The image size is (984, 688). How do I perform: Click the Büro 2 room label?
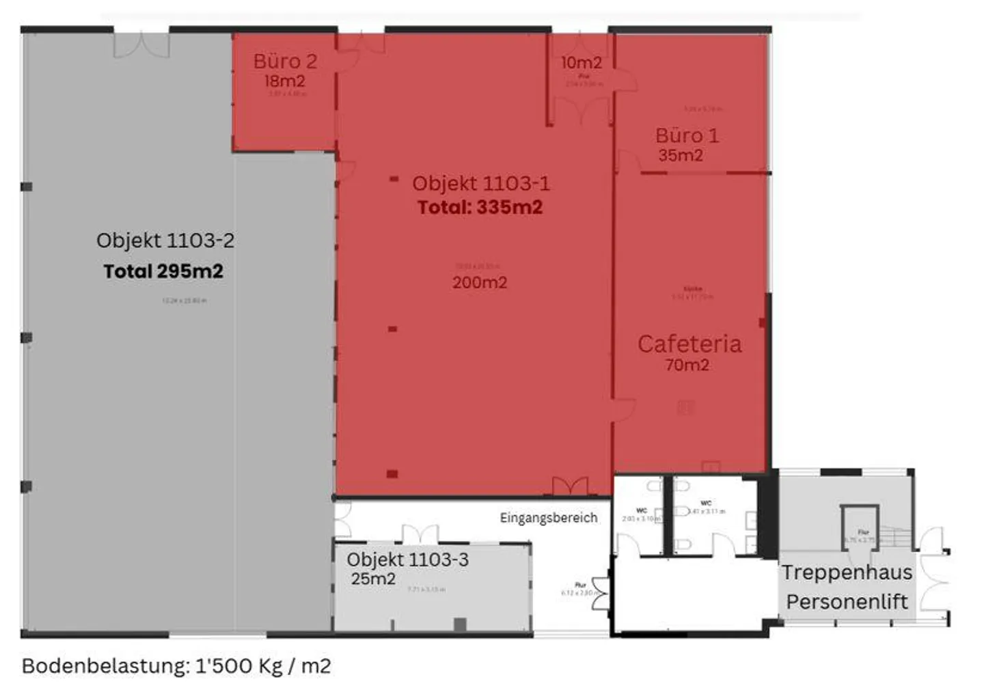285,61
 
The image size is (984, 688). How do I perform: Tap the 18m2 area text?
284,81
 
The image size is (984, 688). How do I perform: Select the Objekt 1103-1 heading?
480,183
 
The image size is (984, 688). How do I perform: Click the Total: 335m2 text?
480,207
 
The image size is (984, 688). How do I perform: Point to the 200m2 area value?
480,282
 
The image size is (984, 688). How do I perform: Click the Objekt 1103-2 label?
165,240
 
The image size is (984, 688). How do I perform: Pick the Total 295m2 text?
163,271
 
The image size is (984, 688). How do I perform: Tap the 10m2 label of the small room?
581,63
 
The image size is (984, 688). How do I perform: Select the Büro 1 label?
687,135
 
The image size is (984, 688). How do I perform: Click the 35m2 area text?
681,156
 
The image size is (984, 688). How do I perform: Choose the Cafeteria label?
689,344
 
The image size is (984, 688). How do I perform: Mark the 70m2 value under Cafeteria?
687,365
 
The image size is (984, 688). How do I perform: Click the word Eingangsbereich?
548,518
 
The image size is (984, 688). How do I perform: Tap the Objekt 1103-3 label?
407,560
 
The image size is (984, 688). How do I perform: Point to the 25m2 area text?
373,579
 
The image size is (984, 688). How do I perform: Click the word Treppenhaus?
847,573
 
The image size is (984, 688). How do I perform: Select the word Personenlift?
847,602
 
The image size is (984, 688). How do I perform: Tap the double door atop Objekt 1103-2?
141,44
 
